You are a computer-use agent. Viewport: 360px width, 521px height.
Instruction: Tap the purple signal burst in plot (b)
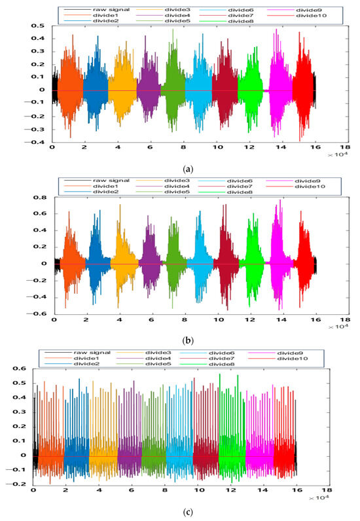pos(151,264)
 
